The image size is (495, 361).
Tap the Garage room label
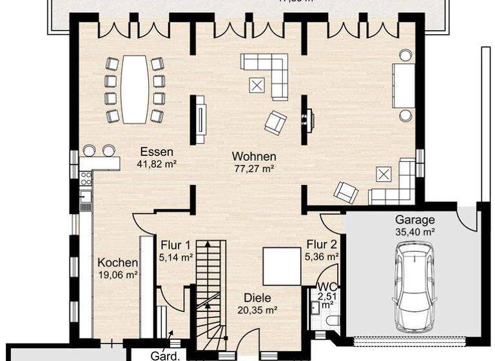point(414,219)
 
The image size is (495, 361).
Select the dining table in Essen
point(135,89)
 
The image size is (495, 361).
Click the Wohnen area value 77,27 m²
point(254,168)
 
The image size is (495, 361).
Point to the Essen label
point(157,152)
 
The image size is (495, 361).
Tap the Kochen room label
point(117,262)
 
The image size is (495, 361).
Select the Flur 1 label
point(175,245)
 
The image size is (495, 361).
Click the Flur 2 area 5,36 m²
point(322,256)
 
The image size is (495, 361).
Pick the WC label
point(325,286)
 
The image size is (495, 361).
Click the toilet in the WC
point(331,320)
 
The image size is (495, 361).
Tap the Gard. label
point(164,355)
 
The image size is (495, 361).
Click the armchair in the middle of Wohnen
point(275,122)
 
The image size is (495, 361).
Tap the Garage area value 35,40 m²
point(414,231)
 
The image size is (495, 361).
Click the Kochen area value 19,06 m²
point(117,274)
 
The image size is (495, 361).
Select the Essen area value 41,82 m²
point(157,164)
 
